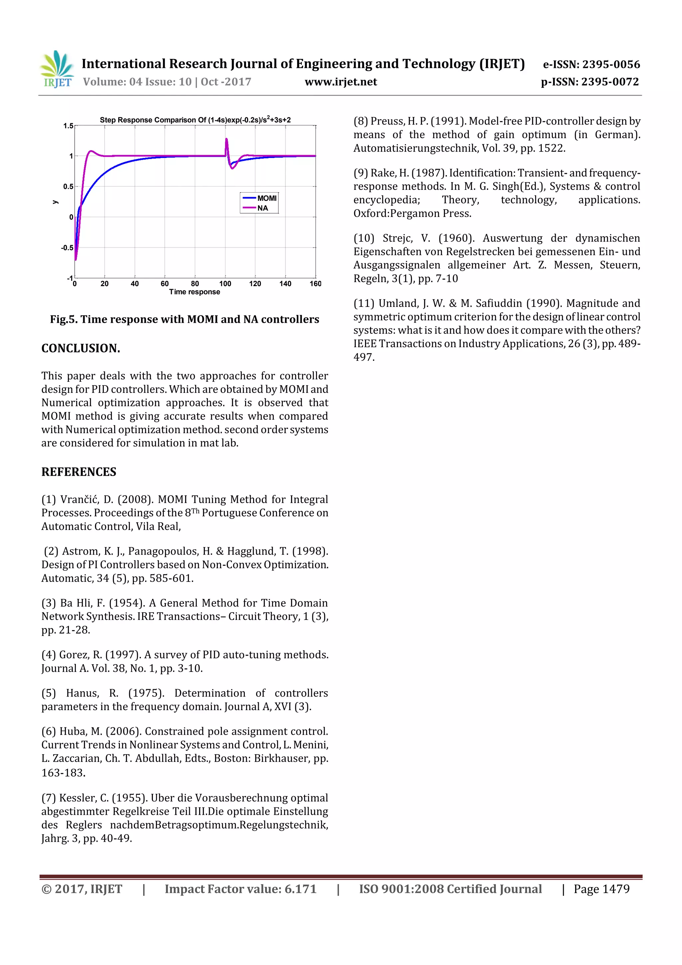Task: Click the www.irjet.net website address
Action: [341, 82]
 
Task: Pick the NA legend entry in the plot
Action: [263, 208]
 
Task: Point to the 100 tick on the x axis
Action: [225, 284]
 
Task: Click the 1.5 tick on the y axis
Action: [68, 126]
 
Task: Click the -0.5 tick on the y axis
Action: [67, 247]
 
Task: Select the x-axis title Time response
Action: [194, 292]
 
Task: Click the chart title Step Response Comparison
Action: [195, 120]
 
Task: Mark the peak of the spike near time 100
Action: [226, 139]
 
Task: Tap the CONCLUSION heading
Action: [81, 348]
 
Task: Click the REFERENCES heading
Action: [79, 472]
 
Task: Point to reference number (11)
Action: [364, 303]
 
